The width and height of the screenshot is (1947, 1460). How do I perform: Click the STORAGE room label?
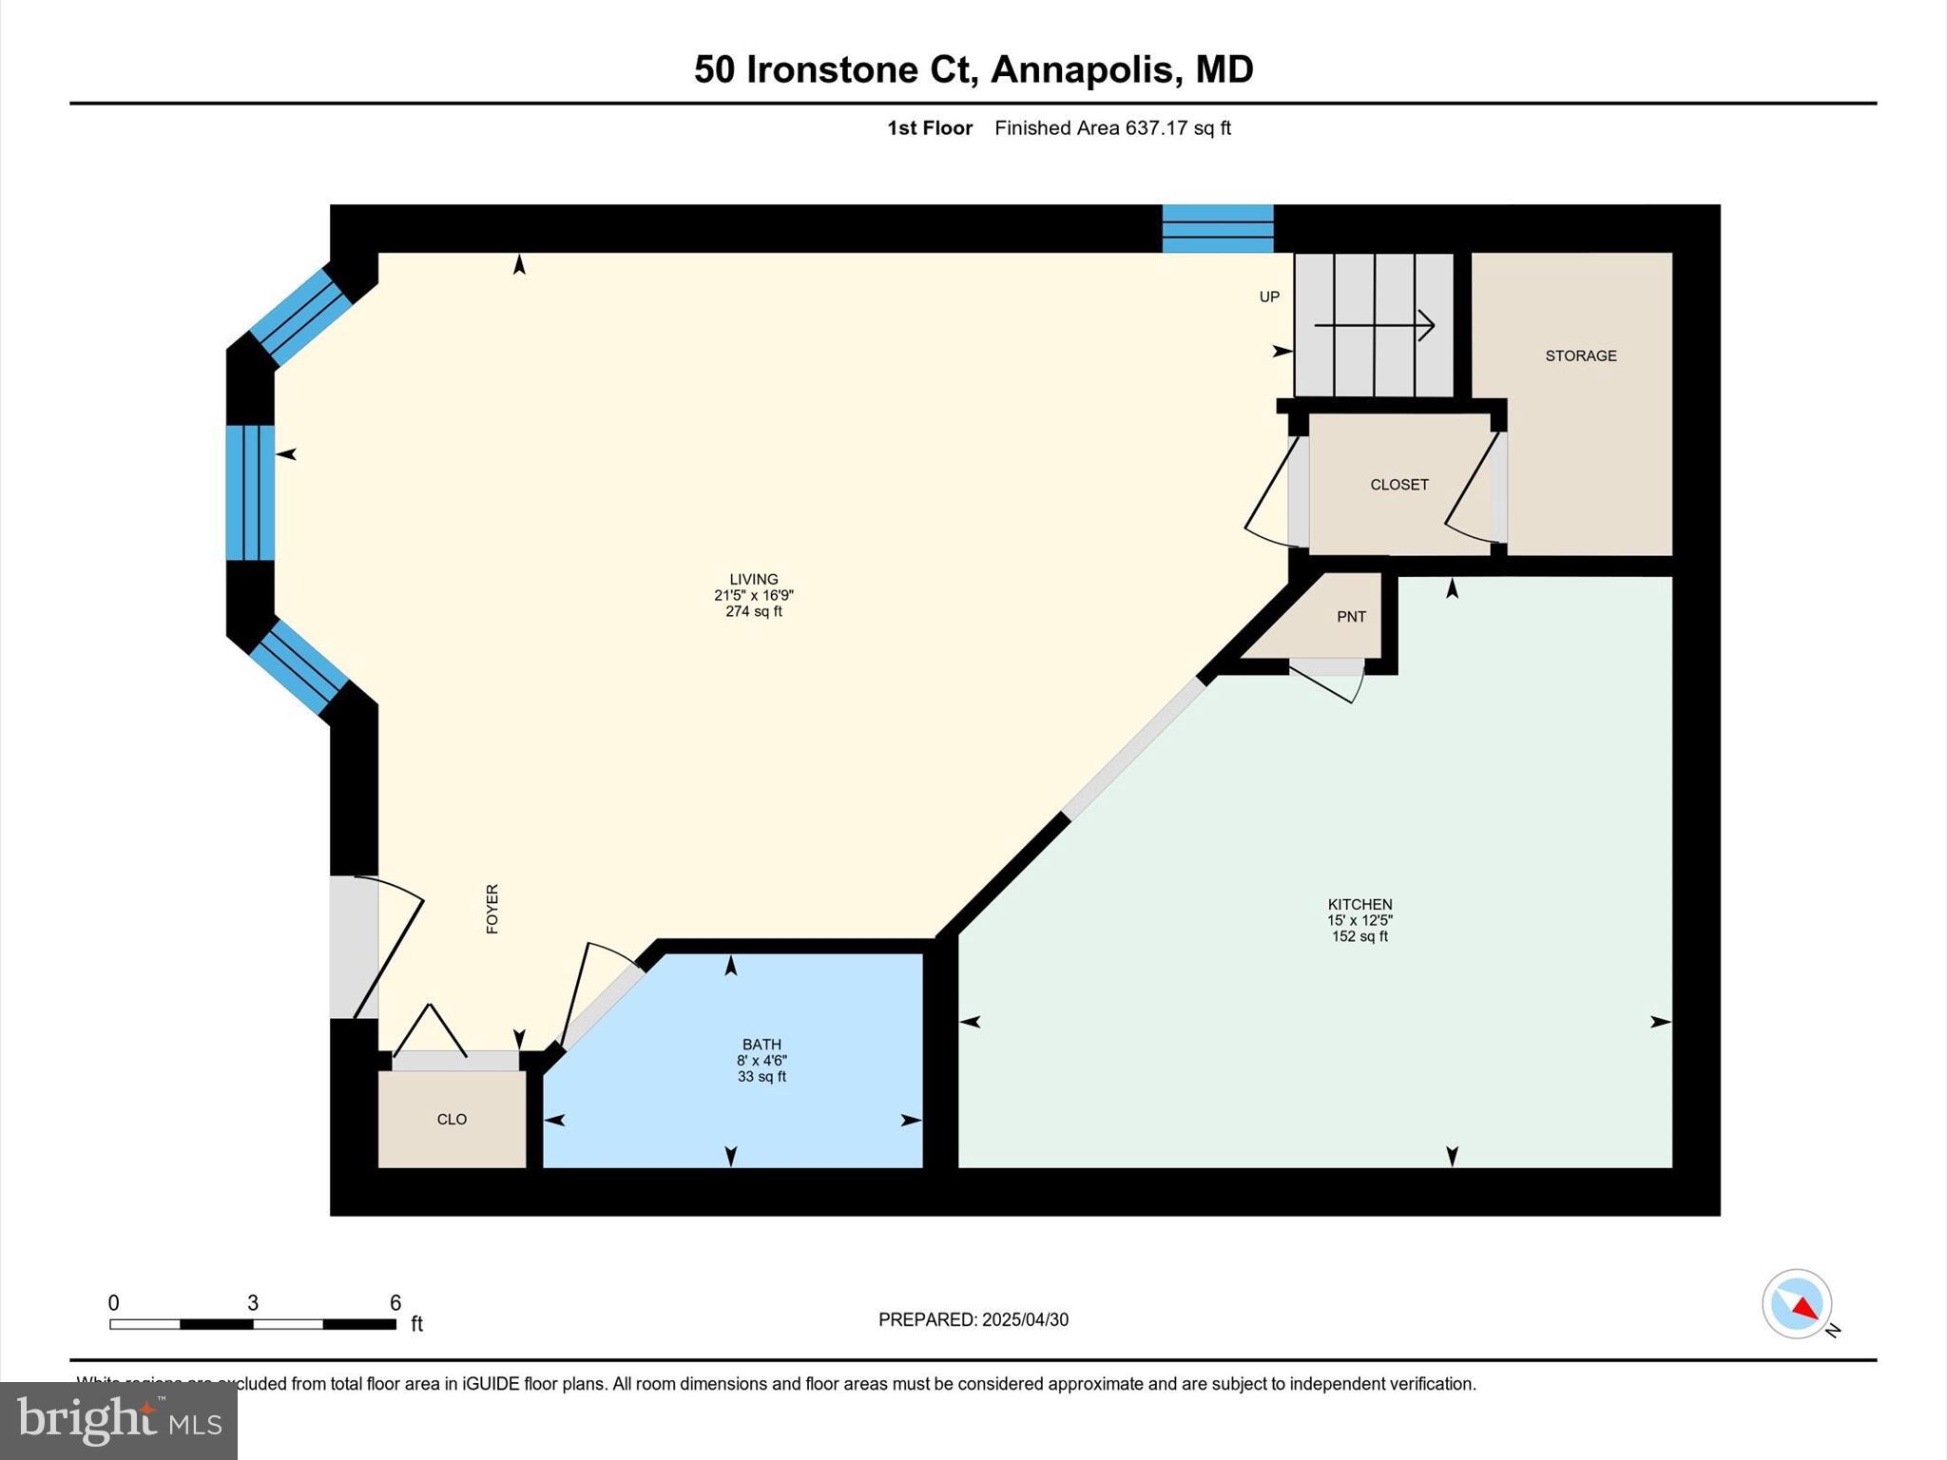[x=1580, y=355]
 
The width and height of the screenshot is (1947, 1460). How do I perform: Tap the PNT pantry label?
[x=1351, y=617]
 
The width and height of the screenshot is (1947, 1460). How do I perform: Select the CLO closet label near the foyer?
[x=452, y=1119]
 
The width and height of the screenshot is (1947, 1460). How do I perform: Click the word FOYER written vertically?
[x=492, y=909]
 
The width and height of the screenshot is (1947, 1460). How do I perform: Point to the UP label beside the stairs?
[x=1269, y=297]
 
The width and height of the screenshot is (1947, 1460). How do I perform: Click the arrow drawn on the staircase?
[x=1374, y=325]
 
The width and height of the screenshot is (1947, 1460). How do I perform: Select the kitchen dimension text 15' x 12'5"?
[x=1359, y=920]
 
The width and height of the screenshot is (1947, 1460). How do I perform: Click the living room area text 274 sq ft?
[x=753, y=611]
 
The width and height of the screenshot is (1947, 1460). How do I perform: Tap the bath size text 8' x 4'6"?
[x=761, y=1061]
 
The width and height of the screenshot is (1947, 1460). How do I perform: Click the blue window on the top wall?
[x=1218, y=228]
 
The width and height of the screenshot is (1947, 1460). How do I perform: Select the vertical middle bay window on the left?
[x=250, y=492]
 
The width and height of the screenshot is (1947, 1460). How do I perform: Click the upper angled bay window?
[x=300, y=317]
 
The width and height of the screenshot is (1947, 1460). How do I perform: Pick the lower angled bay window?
[x=299, y=667]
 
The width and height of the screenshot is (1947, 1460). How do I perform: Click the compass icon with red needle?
[x=1797, y=1303]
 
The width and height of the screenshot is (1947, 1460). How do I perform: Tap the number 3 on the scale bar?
[x=253, y=1302]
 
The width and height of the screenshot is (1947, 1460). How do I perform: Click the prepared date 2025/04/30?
[x=1025, y=1319]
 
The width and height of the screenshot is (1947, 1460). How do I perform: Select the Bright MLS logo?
[x=119, y=1421]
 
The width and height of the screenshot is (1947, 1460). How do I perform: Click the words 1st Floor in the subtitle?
[x=929, y=128]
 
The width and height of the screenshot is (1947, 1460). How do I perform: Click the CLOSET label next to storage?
[x=1398, y=485]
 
